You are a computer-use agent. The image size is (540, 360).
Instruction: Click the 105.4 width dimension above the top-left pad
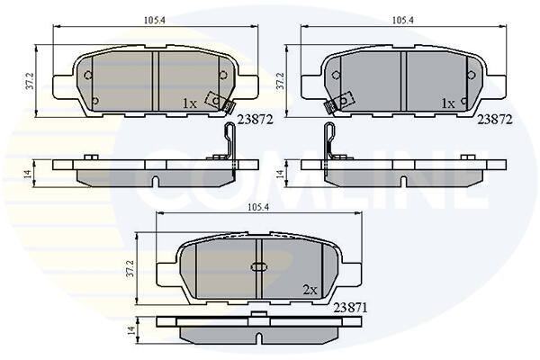[155, 21]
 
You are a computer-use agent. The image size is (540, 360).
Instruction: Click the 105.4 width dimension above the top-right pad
[403, 21]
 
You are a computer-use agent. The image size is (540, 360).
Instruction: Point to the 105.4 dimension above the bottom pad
[258, 207]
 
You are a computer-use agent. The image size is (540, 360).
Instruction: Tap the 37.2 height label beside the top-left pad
[30, 81]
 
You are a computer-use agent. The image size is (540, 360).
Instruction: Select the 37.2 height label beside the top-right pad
[280, 81]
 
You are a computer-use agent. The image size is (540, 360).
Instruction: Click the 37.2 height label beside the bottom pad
[130, 268]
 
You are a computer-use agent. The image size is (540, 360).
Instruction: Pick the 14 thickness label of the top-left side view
[29, 173]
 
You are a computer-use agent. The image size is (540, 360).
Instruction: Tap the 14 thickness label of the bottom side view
[130, 331]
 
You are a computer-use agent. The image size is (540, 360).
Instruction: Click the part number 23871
[350, 308]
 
